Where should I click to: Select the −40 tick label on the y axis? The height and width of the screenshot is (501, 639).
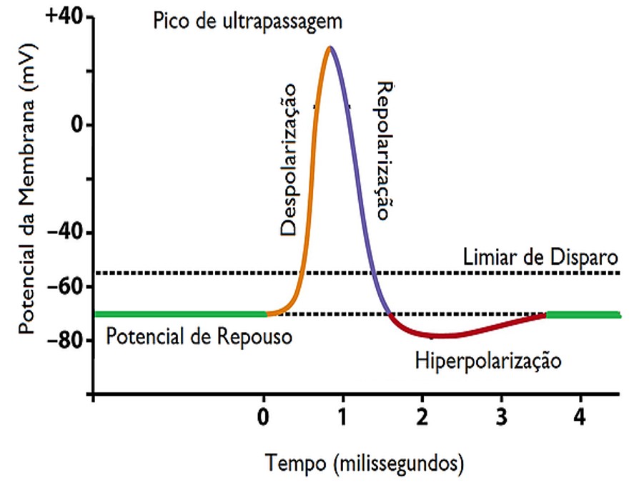click(65, 233)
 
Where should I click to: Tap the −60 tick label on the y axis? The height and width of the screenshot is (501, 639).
click(65, 287)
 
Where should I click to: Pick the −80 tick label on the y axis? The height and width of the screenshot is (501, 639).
click(65, 341)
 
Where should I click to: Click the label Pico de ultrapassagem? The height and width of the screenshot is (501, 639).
click(248, 20)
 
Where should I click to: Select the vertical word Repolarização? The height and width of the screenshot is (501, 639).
click(385, 150)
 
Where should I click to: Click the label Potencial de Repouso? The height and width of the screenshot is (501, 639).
click(199, 336)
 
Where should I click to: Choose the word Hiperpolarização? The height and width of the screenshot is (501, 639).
click(488, 360)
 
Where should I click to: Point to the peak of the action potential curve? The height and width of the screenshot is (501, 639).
click(330, 47)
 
